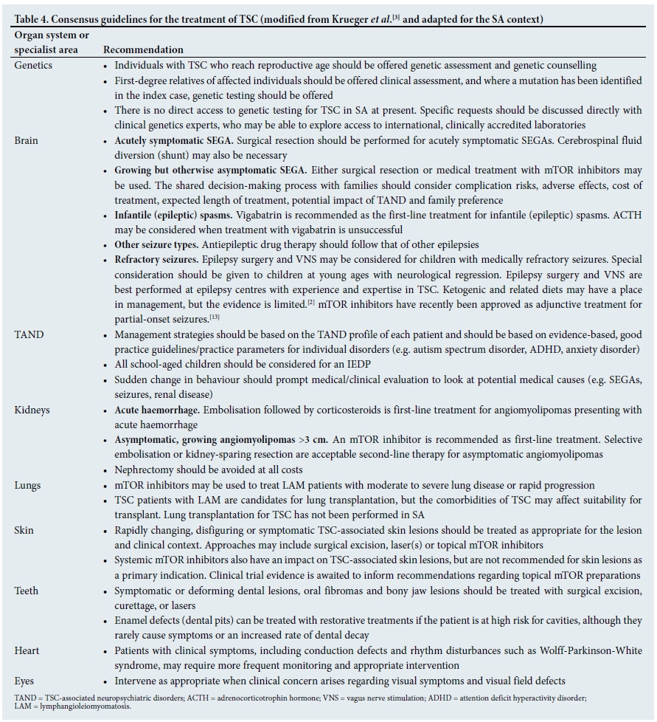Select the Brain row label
[27, 140]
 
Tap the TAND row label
[29, 334]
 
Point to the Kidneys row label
[32, 410]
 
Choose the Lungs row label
[28, 485]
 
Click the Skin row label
[24, 530]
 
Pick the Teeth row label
[27, 591]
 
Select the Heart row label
[27, 650]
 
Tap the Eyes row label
[25, 681]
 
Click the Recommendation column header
[143, 49]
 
